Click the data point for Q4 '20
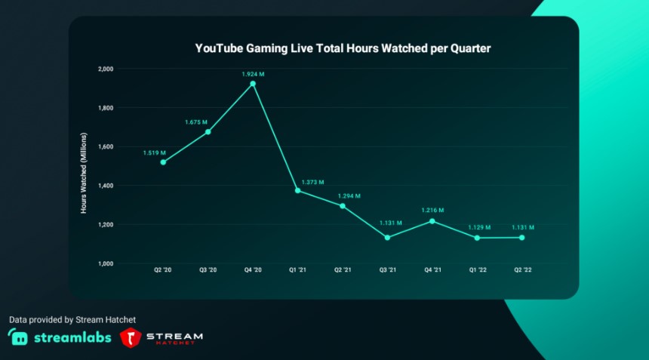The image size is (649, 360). click(x=253, y=84)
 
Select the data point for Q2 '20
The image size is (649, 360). click(x=163, y=162)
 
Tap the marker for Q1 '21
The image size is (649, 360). click(x=297, y=191)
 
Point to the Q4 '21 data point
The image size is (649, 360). click(x=432, y=221)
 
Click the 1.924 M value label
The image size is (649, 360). click(x=253, y=73)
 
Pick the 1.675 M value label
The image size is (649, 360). click(x=195, y=122)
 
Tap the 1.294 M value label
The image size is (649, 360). click(x=349, y=195)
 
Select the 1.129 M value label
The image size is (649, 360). click(x=479, y=227)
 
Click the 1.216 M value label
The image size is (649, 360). click(x=432, y=211)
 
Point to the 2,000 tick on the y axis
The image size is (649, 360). click(x=105, y=69)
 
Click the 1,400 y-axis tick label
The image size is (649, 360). click(x=105, y=186)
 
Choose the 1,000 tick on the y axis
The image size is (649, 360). click(x=105, y=263)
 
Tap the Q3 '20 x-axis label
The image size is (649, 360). click(x=208, y=270)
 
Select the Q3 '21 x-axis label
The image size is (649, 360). click(x=387, y=270)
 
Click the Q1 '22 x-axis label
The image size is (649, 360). click(x=477, y=270)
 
